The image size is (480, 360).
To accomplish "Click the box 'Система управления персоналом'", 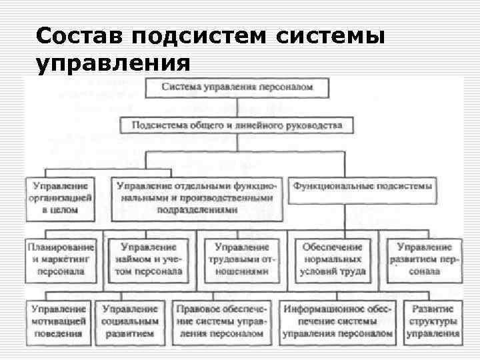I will coord(245,87).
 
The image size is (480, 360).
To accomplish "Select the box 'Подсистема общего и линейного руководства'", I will coord(237,125).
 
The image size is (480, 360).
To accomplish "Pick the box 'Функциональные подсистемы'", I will coord(363,187).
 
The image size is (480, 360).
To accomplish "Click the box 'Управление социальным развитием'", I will coord(131,321).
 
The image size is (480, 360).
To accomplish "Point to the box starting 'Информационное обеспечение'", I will coord(338,321).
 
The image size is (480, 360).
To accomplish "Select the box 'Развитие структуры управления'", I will coord(433,321).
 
